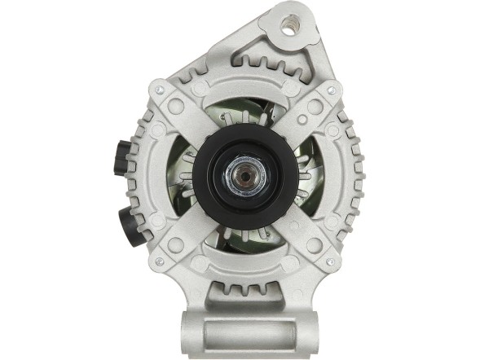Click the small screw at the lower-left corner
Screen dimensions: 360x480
click(x=160, y=261)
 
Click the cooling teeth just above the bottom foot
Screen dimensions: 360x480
click(x=242, y=291)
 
